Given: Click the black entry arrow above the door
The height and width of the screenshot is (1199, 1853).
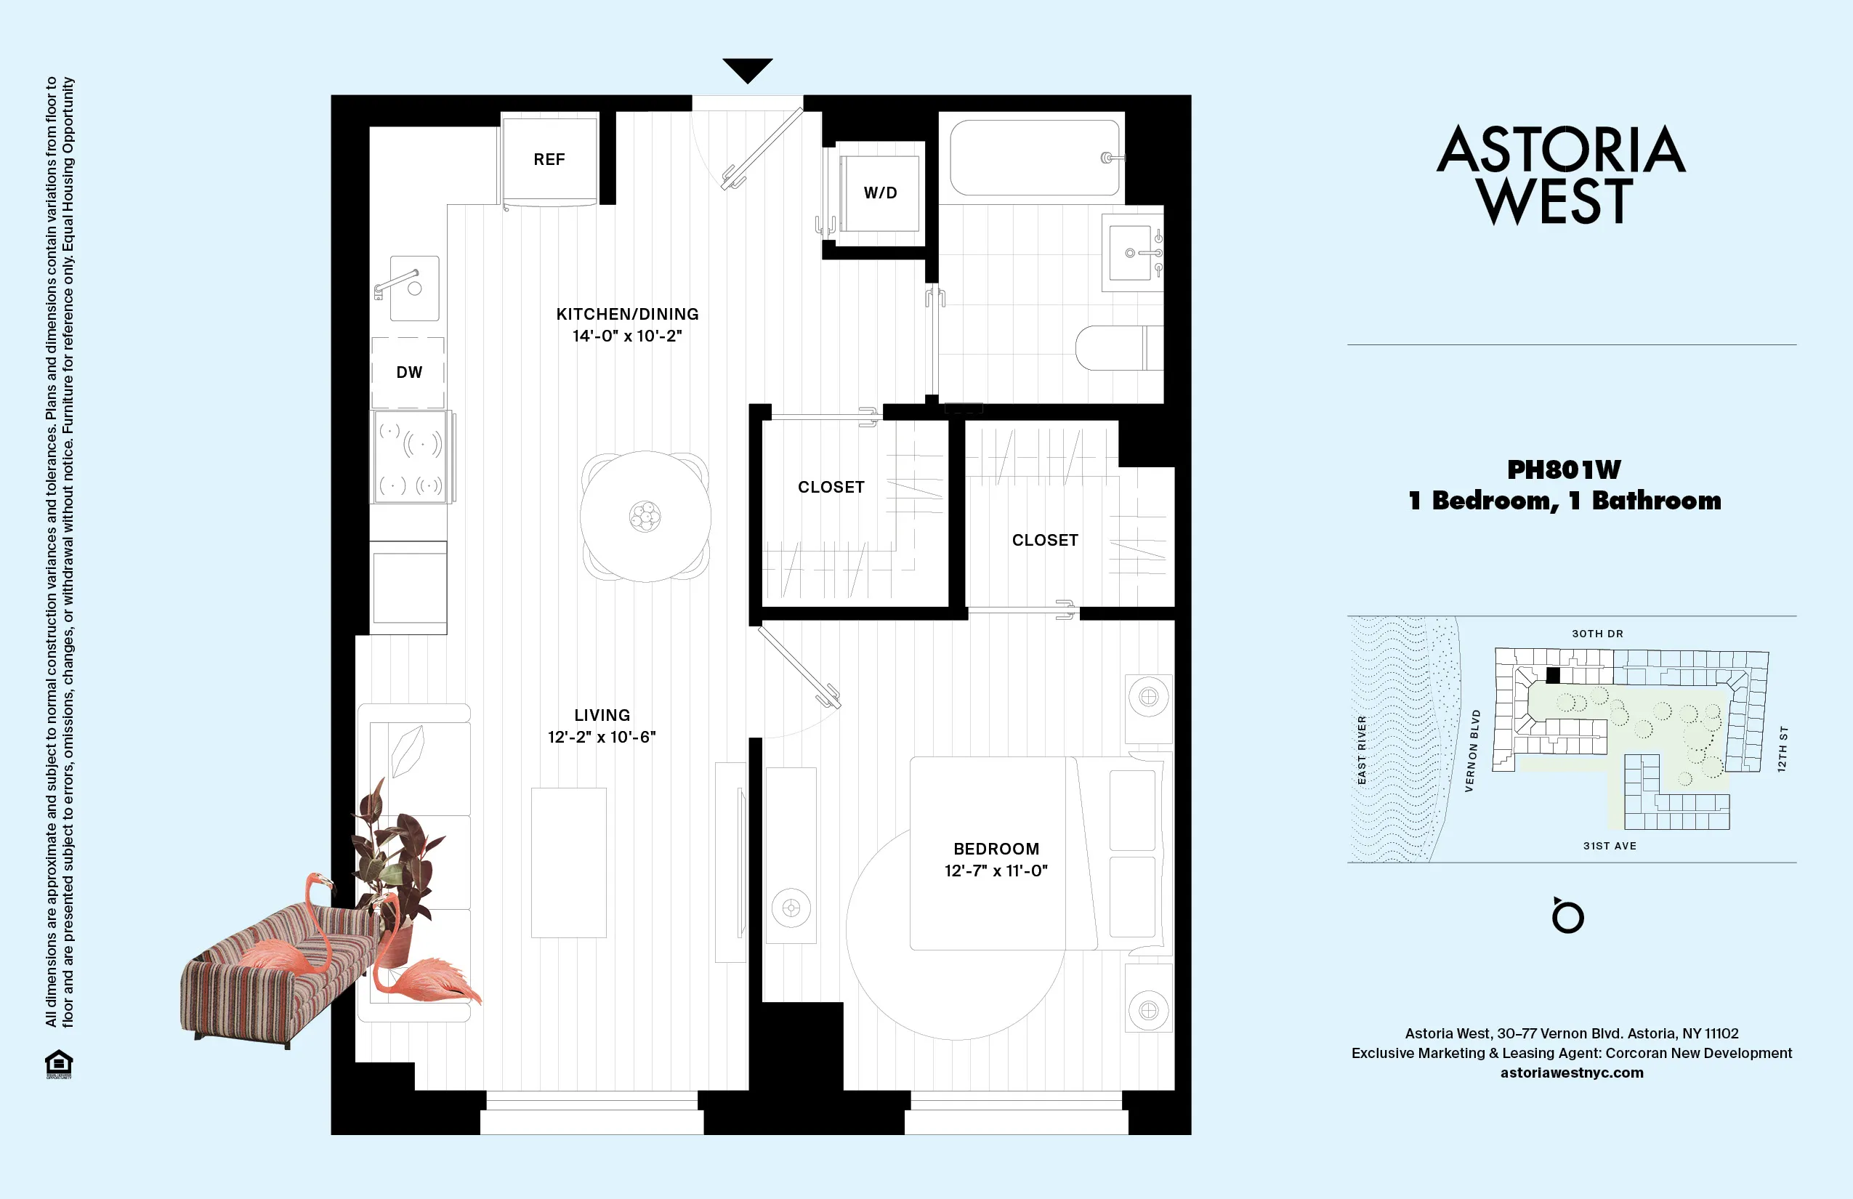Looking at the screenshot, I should pyautogui.click(x=748, y=69).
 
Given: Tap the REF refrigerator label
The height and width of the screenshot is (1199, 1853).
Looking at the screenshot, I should pyautogui.click(x=549, y=160).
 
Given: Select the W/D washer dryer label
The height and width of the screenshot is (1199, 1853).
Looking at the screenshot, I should pyautogui.click(x=880, y=193).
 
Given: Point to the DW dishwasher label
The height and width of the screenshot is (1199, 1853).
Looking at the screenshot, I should pyautogui.click(x=408, y=372).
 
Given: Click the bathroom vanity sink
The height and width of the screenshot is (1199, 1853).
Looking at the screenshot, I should pyautogui.click(x=1130, y=253).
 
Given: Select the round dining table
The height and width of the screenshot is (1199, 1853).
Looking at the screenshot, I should pyautogui.click(x=645, y=515).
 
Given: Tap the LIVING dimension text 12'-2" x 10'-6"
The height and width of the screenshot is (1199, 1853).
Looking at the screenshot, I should pyautogui.click(x=602, y=738).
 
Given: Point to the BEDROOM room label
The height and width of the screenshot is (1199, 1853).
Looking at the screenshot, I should pyautogui.click(x=996, y=849).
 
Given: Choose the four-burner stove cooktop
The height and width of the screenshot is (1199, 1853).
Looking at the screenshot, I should pyautogui.click(x=411, y=457).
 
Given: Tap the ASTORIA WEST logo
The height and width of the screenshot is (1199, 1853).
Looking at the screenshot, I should pyautogui.click(x=1560, y=175).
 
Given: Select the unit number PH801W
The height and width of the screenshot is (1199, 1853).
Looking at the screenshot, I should pyautogui.click(x=1563, y=469).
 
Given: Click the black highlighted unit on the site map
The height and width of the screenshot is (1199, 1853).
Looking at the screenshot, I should pyautogui.click(x=1552, y=675).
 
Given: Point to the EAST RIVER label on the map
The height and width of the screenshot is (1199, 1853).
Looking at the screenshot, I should pyautogui.click(x=1362, y=750).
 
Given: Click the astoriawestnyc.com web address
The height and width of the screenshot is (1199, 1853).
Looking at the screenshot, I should pyautogui.click(x=1571, y=1073).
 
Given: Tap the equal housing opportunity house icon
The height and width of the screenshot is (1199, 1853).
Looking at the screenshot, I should pyautogui.click(x=59, y=1064).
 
